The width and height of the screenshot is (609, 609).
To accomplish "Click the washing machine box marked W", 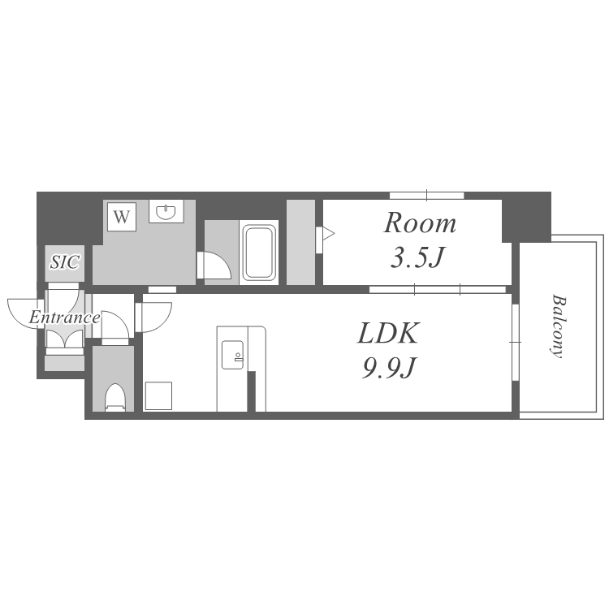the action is [122, 216].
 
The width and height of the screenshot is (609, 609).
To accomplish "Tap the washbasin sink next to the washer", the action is [166, 212].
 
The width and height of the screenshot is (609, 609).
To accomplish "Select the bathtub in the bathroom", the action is [259, 253].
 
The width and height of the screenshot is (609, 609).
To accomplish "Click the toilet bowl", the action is [115, 397].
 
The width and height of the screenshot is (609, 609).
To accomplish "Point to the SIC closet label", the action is [65, 262].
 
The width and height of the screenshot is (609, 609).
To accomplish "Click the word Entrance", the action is [64, 317].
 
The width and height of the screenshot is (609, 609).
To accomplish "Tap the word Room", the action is [420, 223].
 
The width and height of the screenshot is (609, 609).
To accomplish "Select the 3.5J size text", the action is [417, 257].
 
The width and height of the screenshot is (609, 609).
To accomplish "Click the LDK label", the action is [388, 333].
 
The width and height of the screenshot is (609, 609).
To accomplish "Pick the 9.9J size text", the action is [389, 368].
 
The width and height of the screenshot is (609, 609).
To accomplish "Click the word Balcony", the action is [558, 326].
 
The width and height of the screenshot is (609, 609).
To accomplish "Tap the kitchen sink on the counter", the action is [233, 355].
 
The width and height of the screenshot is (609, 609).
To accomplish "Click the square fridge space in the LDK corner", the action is [158, 395].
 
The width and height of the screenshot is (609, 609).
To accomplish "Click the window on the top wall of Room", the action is [427, 196].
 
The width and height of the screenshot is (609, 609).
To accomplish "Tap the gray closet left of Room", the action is [300, 242].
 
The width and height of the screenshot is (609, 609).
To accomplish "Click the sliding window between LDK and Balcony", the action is [516, 342].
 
